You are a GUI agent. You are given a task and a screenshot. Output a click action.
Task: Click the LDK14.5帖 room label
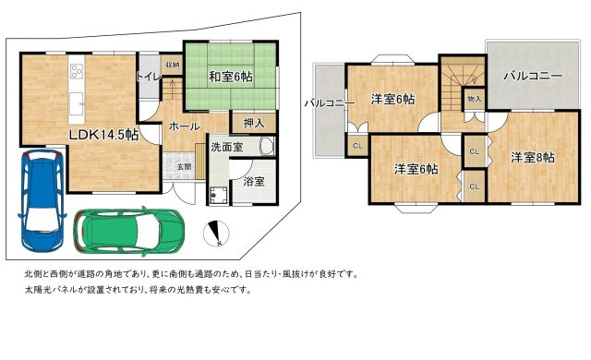[103, 135]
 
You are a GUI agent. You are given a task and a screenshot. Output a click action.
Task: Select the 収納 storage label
[173, 65]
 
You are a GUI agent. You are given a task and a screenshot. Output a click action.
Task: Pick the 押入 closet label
[254, 121]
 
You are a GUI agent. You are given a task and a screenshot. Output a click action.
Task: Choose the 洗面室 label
[227, 146]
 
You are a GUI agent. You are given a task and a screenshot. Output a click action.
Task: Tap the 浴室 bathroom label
[252, 183]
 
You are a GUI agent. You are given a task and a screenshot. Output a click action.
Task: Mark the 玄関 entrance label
[185, 166]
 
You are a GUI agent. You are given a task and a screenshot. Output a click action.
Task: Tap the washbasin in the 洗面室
[266, 147]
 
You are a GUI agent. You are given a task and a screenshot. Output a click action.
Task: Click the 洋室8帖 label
[533, 157]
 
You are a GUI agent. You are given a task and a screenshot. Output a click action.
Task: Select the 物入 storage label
[474, 99]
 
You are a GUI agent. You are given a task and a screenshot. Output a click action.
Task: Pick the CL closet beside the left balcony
[356, 147]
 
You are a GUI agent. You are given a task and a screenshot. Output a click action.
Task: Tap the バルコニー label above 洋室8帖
[532, 77]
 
